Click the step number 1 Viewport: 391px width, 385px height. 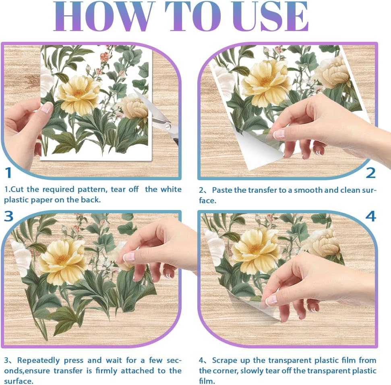click(x=8, y=173)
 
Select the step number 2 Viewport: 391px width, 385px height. click(x=370, y=173)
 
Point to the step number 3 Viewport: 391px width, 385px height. click(x=9, y=216)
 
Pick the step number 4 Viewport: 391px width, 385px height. click(x=370, y=216)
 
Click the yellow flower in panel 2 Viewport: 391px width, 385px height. click(x=265, y=78)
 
